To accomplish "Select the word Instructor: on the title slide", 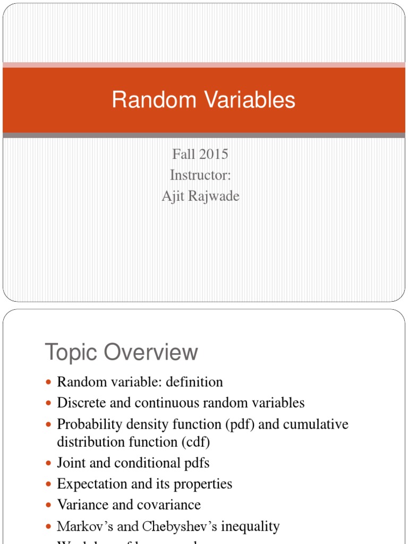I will [x=200, y=175].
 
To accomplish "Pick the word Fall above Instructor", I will [x=184, y=154].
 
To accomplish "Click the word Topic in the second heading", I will [x=72, y=352].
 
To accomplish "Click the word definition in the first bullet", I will [x=195, y=381].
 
